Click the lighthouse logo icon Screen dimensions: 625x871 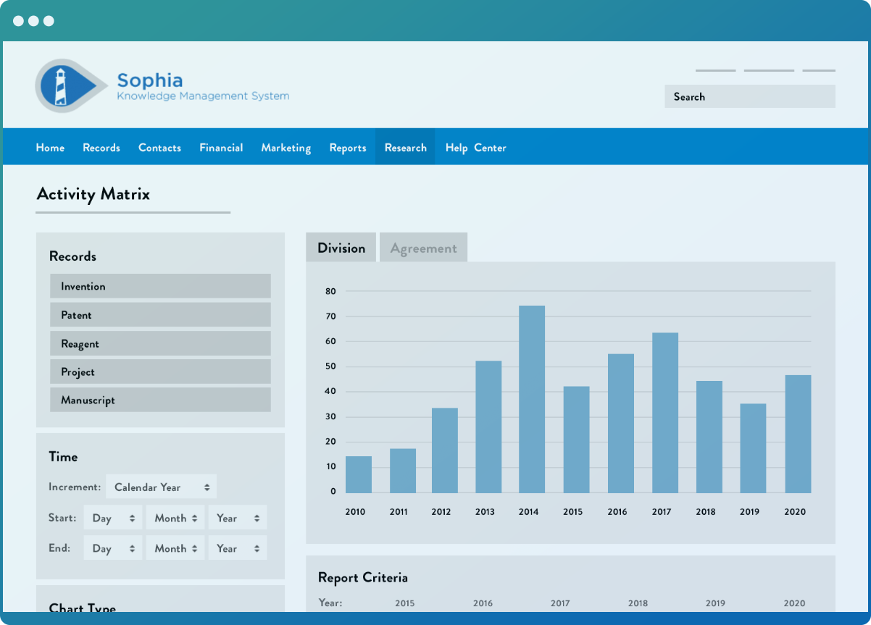[x=64, y=85]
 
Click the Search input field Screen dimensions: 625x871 [x=749, y=96]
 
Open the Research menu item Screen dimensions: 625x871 [x=405, y=148]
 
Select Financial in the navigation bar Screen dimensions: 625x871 [x=221, y=148]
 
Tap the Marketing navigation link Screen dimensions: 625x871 [x=286, y=148]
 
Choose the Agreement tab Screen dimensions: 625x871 [x=423, y=248]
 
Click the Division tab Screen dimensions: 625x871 [x=341, y=248]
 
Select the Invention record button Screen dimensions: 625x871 [x=160, y=286]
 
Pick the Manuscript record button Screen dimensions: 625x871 [x=160, y=400]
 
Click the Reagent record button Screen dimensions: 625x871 [x=160, y=343]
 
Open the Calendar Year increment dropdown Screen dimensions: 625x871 [x=161, y=487]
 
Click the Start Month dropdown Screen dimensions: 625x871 [x=176, y=518]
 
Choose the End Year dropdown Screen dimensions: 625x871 [x=238, y=548]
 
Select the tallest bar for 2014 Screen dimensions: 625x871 [x=532, y=399]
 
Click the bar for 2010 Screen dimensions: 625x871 [x=359, y=474]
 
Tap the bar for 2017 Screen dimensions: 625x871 [x=664, y=413]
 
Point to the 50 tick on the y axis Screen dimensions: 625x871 [x=330, y=366]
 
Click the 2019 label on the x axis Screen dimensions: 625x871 [x=749, y=511]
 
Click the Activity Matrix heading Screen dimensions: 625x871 [x=93, y=194]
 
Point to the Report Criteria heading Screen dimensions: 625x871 [x=362, y=577]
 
